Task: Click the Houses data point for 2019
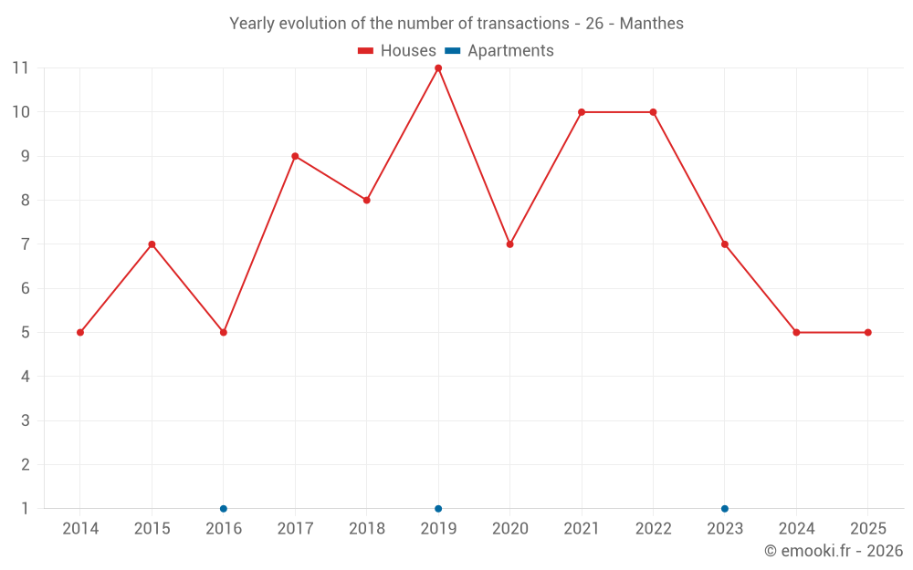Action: (x=438, y=68)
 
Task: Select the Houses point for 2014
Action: (x=80, y=333)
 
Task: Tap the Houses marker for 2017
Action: (x=295, y=156)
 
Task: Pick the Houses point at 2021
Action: (x=582, y=112)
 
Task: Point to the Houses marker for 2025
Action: (x=867, y=333)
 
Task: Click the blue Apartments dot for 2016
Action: (x=224, y=509)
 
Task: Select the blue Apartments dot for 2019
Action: (x=438, y=509)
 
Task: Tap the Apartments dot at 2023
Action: (x=725, y=509)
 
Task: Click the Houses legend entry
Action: (x=397, y=51)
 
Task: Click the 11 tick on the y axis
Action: (x=20, y=68)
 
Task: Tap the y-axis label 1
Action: (x=26, y=509)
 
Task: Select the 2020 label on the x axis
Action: (x=509, y=529)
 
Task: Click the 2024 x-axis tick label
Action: (x=796, y=529)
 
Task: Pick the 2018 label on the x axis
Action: (x=366, y=529)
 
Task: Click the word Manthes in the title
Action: (x=651, y=24)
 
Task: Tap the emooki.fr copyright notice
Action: (x=833, y=551)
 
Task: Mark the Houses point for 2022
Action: (x=653, y=112)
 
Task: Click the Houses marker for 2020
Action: (x=509, y=244)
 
